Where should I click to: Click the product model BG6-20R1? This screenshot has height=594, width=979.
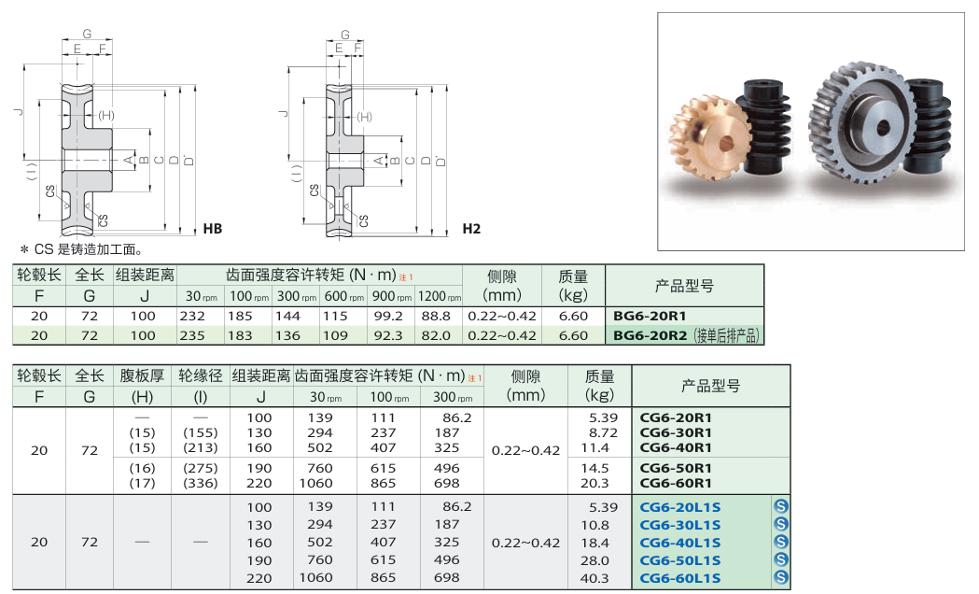(650, 316)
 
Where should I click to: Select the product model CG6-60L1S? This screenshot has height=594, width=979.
(680, 578)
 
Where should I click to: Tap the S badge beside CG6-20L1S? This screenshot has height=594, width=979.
(780, 506)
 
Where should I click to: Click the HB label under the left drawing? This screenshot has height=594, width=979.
(212, 229)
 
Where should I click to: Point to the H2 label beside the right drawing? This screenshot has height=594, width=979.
(471, 229)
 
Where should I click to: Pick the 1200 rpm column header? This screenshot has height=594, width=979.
(439, 296)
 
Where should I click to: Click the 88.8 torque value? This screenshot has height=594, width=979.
(436, 316)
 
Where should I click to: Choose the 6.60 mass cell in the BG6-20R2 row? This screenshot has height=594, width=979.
(573, 335)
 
